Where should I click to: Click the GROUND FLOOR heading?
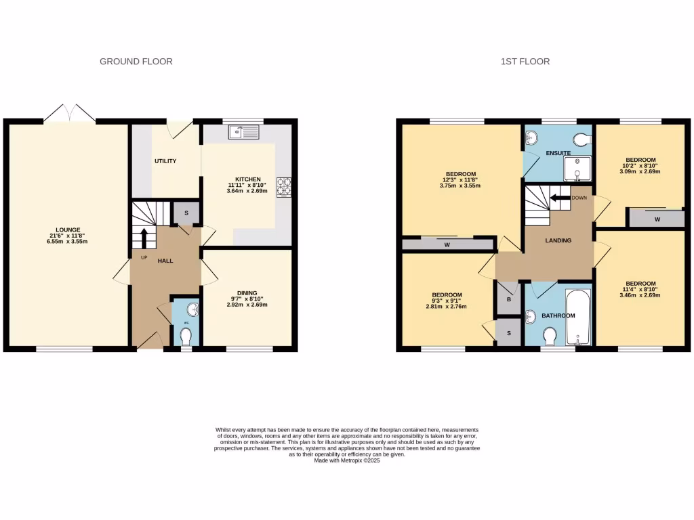coord(136,62)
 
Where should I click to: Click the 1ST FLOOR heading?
coord(525,62)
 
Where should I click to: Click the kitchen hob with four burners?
coord(283,186)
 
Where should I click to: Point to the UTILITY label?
coord(165,161)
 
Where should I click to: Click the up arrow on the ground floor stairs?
coord(144,238)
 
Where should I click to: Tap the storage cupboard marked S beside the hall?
coord(186,213)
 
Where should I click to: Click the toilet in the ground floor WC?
coord(186,335)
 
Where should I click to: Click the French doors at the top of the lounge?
coord(70,114)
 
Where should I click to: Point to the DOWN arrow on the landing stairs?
coord(560,198)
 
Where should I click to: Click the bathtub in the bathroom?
coord(579,316)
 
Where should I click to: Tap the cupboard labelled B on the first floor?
coord(508,299)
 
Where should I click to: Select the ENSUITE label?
coord(557,154)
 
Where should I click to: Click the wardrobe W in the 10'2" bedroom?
coord(657,219)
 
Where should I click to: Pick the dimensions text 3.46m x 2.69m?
coord(640,297)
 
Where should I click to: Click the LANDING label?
coord(558,240)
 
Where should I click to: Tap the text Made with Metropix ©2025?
coord(347,460)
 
